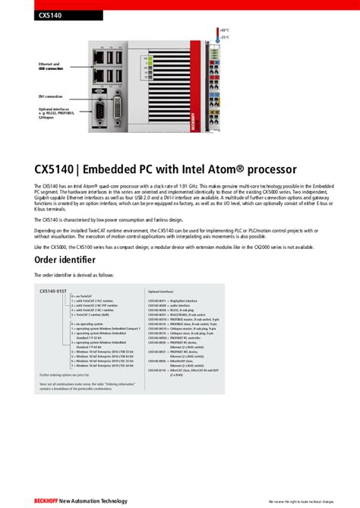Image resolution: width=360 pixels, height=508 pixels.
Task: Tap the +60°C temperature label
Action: pos(224,30)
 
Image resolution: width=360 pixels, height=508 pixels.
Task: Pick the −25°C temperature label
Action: pos(224,36)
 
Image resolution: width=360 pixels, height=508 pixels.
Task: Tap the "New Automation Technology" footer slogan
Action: pos(94,501)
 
